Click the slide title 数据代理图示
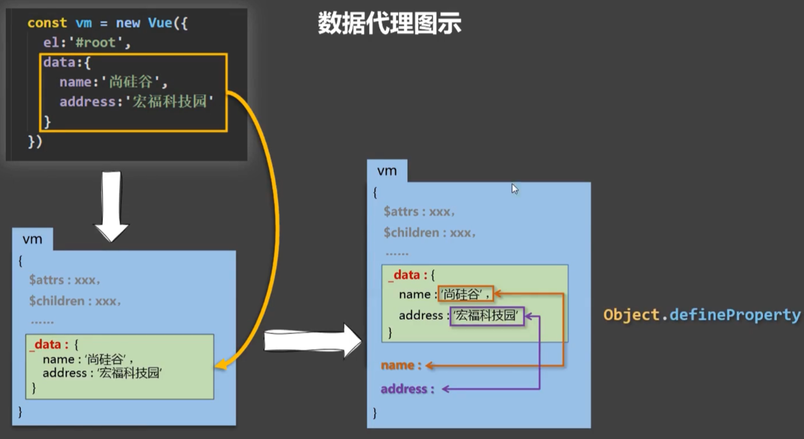click(x=389, y=24)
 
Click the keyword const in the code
click(x=47, y=23)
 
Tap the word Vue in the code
click(x=159, y=23)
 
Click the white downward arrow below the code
click(x=112, y=206)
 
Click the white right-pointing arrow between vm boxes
click(x=312, y=339)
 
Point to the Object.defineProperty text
click(x=702, y=315)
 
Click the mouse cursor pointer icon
click(x=514, y=189)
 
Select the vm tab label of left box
click(x=32, y=239)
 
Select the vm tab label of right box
click(x=387, y=171)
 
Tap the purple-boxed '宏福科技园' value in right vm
click(x=488, y=316)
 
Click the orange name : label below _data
click(x=401, y=365)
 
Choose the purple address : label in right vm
click(x=407, y=389)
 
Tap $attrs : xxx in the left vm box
click(x=64, y=280)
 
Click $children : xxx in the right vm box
click(x=430, y=233)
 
